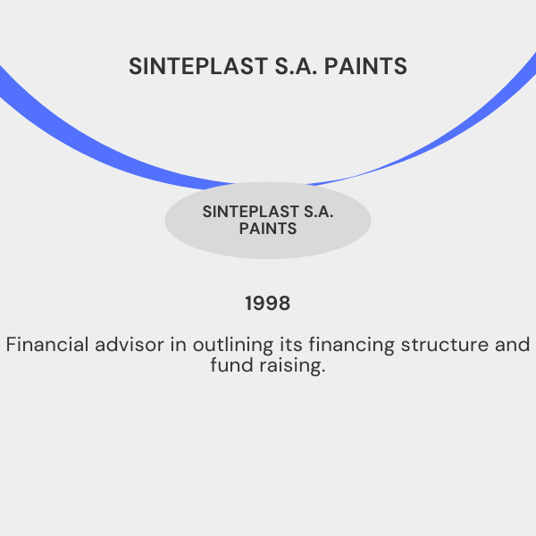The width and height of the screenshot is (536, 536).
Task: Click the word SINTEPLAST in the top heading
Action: [x=198, y=66]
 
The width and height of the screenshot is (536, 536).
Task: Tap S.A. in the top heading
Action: [x=296, y=66]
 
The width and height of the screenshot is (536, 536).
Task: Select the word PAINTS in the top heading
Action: [x=365, y=66]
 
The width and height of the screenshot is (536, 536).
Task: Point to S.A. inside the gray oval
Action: [x=319, y=212]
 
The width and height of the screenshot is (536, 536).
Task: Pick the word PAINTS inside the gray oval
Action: [x=268, y=229]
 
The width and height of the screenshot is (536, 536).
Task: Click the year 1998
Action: [x=268, y=303]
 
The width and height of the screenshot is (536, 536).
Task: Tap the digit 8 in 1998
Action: [x=284, y=303]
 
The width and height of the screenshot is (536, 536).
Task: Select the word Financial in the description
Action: [x=47, y=344]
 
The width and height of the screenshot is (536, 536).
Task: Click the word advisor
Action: [x=130, y=344]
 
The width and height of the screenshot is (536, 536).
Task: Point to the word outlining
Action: [x=233, y=346]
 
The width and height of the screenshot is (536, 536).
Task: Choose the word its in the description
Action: [x=291, y=344]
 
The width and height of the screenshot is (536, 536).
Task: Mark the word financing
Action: [x=352, y=346]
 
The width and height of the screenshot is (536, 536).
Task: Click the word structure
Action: [x=445, y=345]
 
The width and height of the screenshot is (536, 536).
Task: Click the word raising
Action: [x=292, y=366]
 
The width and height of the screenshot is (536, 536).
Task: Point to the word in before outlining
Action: [x=178, y=344]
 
